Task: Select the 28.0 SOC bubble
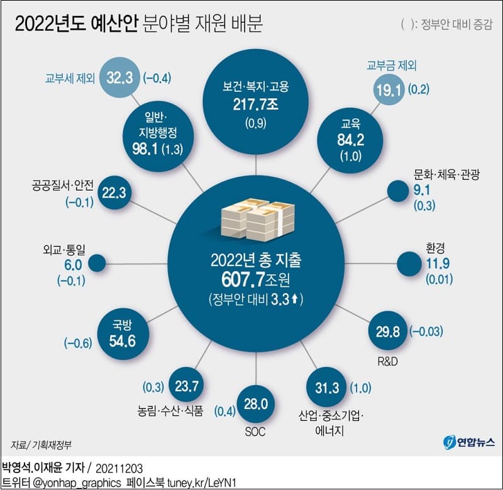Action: [x=255, y=403]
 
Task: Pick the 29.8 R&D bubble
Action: [x=385, y=331]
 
